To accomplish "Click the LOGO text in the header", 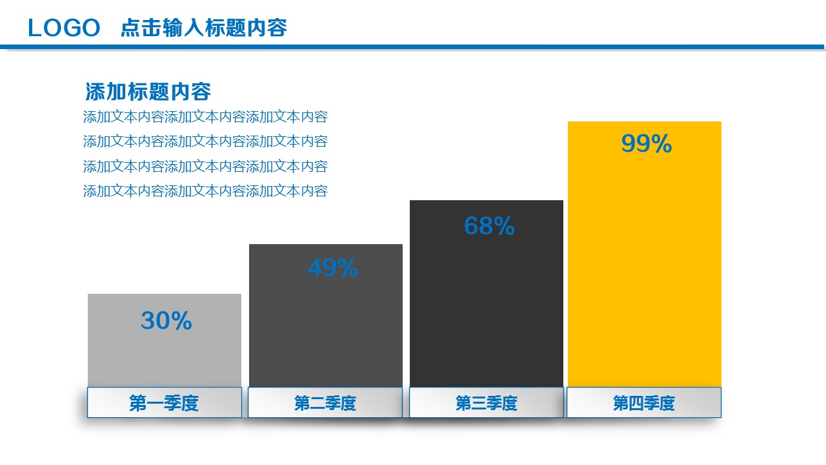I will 65,28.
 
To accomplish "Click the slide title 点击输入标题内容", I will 203,28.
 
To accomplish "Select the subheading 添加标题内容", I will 148,92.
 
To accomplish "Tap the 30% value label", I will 166,321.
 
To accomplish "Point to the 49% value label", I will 332,267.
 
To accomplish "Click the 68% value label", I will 489,225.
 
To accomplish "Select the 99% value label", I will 646,143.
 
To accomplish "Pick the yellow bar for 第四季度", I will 644,271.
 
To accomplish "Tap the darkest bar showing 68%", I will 487,310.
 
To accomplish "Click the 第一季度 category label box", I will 165,403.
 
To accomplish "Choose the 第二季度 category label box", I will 325,403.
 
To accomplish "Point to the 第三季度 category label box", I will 487,403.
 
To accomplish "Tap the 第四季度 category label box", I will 644,403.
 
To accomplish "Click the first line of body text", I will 205,117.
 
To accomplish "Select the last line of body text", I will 205,191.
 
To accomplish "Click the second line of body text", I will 205,141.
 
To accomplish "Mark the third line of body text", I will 205,167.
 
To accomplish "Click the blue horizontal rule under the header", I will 413,46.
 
